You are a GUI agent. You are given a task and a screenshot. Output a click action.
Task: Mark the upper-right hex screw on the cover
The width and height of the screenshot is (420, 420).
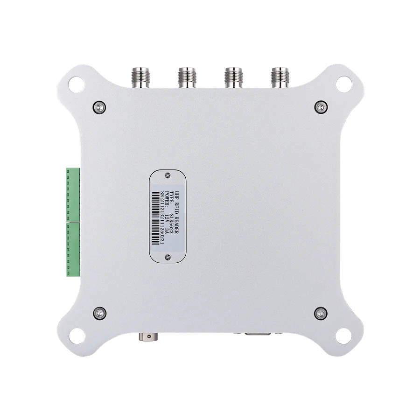[320, 107]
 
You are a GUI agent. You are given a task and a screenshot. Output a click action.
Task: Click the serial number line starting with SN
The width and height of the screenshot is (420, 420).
[162, 219]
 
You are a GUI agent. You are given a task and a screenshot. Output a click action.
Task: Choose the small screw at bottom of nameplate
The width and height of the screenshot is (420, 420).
[168, 255]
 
